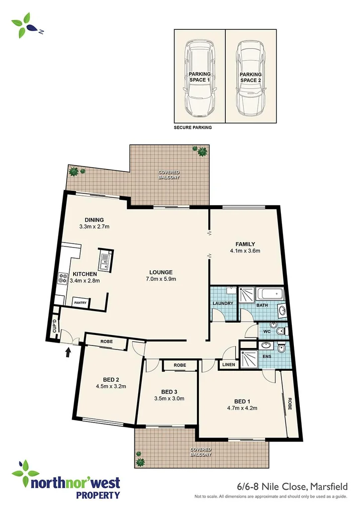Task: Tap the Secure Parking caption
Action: (x=192, y=128)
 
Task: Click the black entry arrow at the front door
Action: (x=68, y=352)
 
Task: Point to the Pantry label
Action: (x=80, y=302)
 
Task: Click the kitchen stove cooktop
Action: (x=63, y=278)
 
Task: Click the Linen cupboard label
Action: (x=228, y=365)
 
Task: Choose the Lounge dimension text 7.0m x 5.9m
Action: (x=161, y=279)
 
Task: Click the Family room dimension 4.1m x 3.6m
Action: (x=245, y=251)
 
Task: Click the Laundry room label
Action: (x=223, y=303)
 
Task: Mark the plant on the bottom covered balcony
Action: (x=140, y=460)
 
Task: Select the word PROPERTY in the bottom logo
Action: (x=97, y=495)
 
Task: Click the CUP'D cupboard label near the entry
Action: (x=54, y=327)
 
